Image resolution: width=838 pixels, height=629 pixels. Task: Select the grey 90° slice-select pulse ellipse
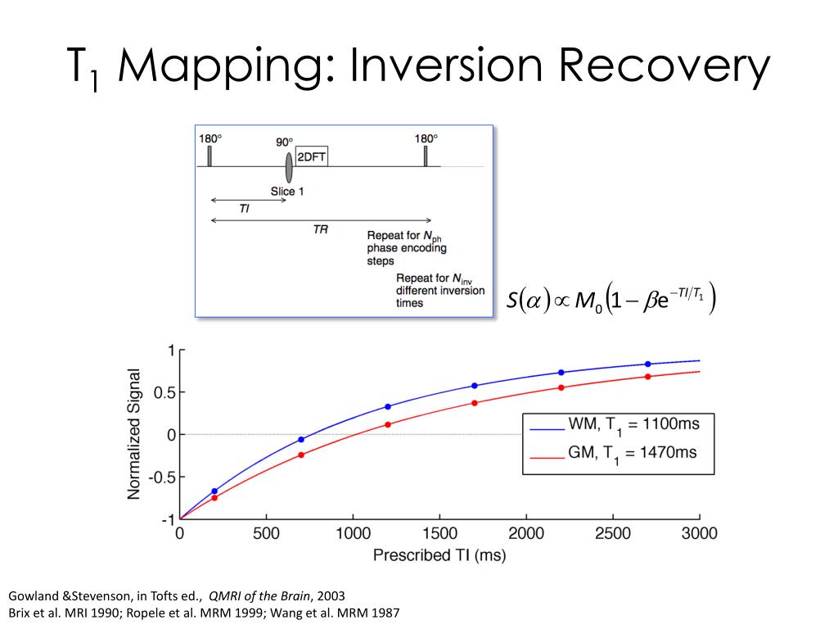(x=289, y=166)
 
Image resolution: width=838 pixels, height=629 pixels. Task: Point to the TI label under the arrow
(x=245, y=210)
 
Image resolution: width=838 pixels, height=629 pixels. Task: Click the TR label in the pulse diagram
(x=321, y=230)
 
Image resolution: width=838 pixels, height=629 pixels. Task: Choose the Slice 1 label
(x=288, y=192)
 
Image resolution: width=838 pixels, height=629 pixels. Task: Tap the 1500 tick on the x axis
(x=439, y=534)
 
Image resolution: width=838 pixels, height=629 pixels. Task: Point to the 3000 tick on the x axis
(x=699, y=534)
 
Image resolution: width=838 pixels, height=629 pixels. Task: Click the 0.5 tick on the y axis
(x=164, y=392)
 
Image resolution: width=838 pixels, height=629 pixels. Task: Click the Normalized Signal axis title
(x=135, y=434)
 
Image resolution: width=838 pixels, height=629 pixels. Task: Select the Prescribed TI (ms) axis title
(x=439, y=556)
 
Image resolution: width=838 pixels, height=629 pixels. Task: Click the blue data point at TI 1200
(x=388, y=406)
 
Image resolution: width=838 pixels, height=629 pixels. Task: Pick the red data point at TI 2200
(x=561, y=387)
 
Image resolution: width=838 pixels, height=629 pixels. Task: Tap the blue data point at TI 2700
(x=648, y=364)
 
